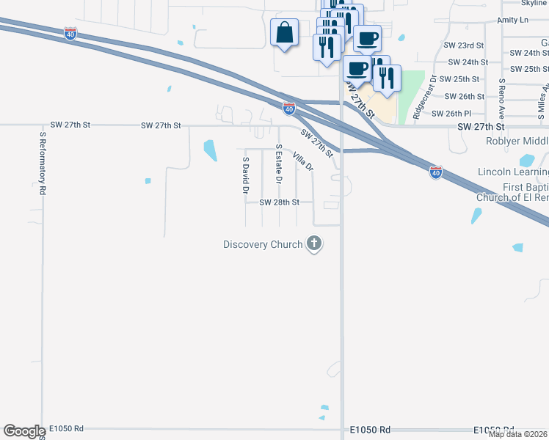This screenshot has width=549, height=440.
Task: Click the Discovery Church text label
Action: [263, 244]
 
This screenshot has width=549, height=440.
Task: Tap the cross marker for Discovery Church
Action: [314, 243]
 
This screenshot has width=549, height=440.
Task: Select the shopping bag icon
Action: [284, 33]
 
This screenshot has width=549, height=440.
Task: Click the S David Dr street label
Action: [246, 175]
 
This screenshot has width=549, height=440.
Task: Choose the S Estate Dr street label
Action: [279, 165]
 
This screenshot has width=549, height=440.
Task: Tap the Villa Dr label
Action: [302, 161]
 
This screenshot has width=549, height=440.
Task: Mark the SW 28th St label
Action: [280, 202]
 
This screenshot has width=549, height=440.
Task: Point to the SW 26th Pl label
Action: [451, 114]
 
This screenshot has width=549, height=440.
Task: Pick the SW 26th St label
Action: [465, 96]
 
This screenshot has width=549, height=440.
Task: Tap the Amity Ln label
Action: [512, 21]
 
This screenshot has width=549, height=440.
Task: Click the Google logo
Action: [24, 431]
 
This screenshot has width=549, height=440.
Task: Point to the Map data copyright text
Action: [518, 434]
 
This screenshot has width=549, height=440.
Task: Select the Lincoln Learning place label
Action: [513, 172]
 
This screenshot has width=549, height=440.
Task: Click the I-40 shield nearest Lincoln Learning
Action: [436, 173]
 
